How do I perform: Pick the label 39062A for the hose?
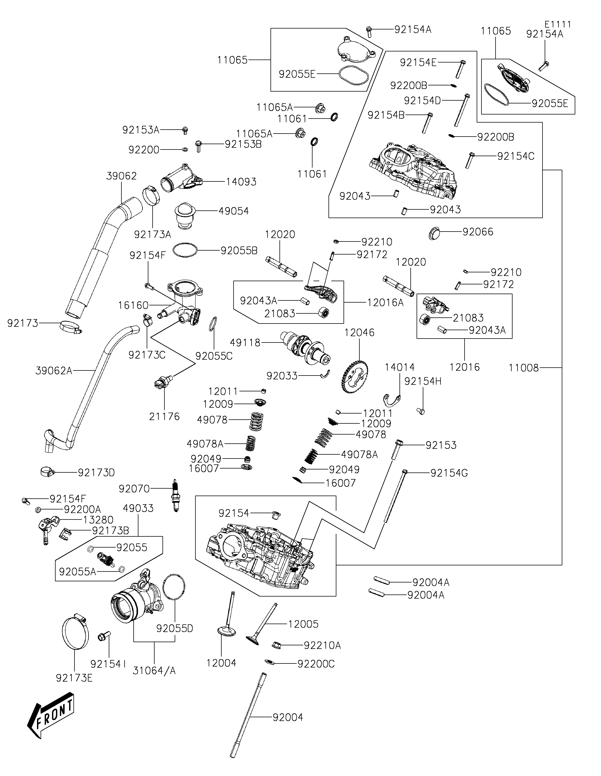point(54,371)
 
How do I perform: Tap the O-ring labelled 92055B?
point(185,250)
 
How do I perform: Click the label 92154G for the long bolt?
point(449,473)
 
